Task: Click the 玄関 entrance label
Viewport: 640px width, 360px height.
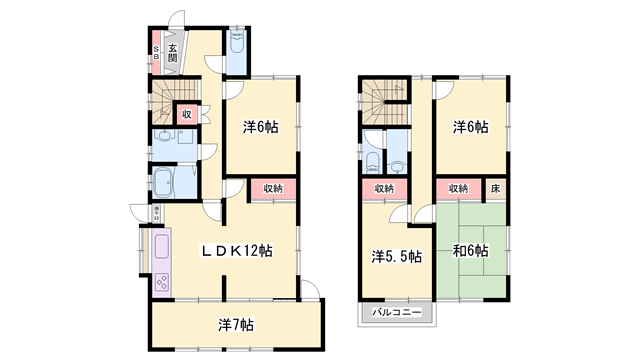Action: [172, 51]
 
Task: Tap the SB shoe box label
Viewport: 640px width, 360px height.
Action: [157, 51]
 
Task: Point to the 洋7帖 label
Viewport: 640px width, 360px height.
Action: [236, 324]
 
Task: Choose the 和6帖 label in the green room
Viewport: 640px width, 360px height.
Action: [469, 250]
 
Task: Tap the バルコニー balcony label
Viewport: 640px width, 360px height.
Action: [397, 314]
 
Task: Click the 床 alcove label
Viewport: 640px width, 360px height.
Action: [496, 188]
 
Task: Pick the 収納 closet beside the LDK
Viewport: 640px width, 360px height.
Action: [273, 188]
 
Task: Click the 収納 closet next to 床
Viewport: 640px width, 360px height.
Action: [459, 188]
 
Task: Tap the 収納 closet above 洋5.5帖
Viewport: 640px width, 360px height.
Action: [384, 188]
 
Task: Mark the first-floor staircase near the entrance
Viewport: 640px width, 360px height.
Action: [162, 101]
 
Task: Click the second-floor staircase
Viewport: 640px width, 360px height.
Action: [379, 101]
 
